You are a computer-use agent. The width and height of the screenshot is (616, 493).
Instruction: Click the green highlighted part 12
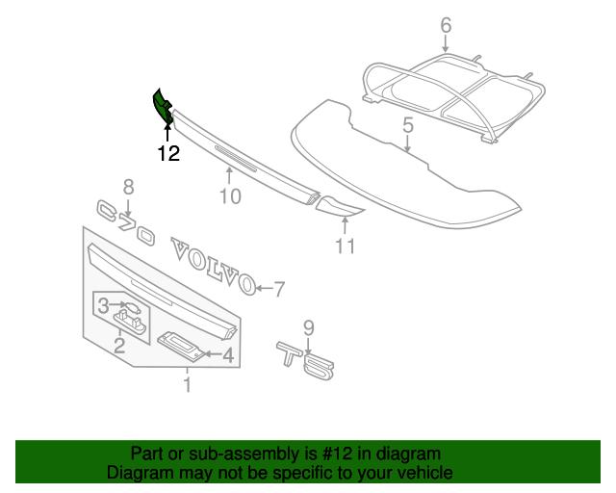[162, 106]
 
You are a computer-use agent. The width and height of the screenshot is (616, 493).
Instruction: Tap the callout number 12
[168, 153]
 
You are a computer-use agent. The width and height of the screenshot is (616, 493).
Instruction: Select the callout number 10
[229, 197]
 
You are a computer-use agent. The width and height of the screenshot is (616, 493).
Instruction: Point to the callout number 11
[346, 246]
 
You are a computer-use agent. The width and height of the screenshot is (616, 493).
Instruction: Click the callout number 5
[408, 125]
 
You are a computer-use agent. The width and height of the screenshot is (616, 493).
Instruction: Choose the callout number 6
[446, 25]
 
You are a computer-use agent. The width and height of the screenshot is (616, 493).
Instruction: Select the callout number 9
[309, 327]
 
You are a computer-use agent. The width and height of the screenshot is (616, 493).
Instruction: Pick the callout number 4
[228, 355]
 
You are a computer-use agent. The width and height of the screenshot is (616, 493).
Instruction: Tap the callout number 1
[188, 386]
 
